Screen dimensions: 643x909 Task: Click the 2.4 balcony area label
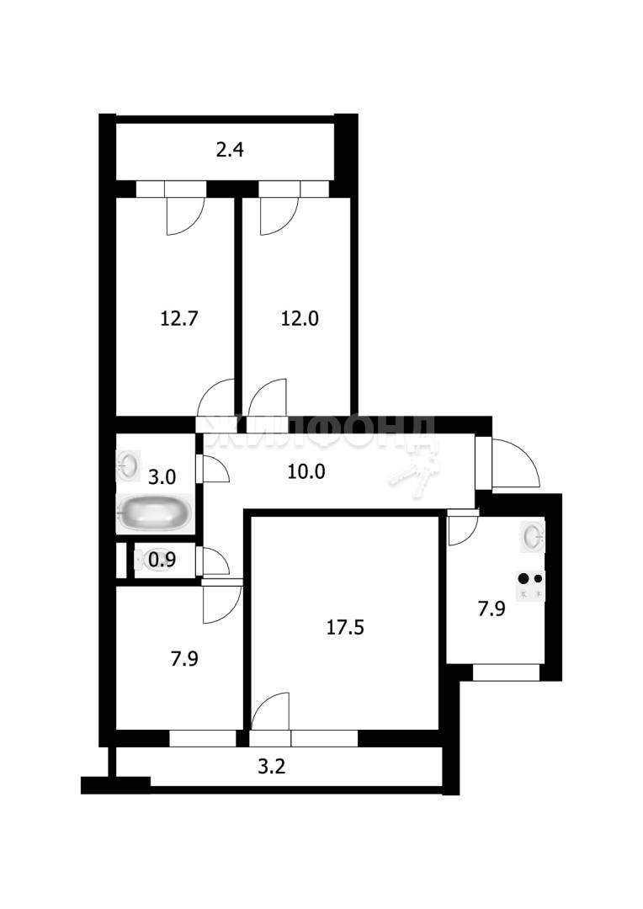230,150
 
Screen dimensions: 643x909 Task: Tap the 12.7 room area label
179,318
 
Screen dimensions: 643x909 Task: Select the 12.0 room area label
300,318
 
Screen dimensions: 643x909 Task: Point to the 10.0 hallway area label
306,472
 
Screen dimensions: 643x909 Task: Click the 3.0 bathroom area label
162,477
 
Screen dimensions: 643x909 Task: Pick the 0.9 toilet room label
162,560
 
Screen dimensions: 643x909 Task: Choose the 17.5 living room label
345,627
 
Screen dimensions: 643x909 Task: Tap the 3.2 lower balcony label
271,767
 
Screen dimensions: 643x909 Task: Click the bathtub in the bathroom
154,513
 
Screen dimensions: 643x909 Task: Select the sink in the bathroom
128,465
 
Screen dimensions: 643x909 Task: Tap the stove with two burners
531,586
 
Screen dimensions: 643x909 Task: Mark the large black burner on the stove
524,578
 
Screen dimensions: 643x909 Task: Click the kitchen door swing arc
463,528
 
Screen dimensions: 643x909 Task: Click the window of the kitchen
506,672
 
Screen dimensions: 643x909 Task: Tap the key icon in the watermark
415,470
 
